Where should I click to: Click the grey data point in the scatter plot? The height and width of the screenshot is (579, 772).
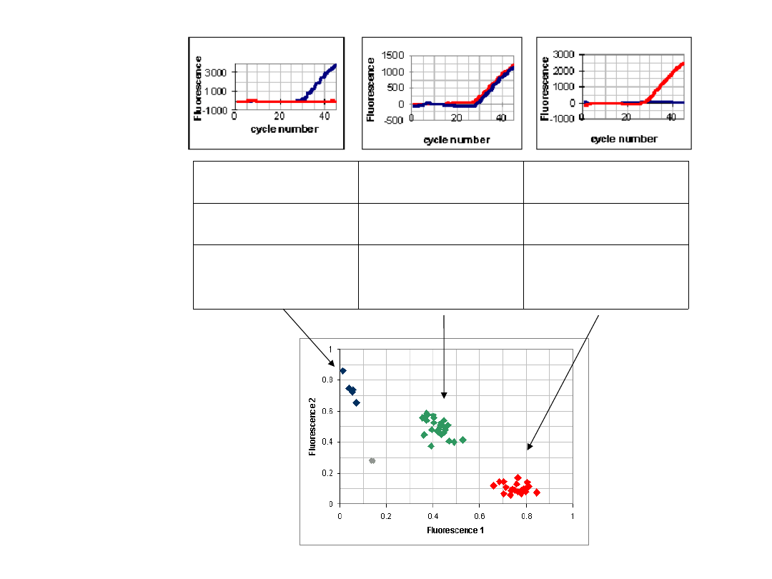pos(372,461)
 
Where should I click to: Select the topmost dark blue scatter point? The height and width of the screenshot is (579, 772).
pos(343,371)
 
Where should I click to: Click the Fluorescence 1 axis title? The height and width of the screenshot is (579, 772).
pos(455,530)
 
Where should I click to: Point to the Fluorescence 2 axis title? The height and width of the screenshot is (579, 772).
pos(312,426)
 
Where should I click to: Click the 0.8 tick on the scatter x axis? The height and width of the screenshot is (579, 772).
pos(526,515)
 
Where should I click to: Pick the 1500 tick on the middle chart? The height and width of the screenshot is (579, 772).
pos(393,55)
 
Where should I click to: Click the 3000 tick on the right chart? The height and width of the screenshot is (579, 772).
pos(566,54)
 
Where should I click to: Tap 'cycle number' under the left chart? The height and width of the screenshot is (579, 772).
pos(284,129)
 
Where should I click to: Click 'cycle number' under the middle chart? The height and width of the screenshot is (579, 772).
pos(456,139)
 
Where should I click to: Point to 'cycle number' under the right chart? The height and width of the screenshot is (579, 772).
pos(624,139)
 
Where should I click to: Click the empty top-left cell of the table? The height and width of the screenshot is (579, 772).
pos(275,182)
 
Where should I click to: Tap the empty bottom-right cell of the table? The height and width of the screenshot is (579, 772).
pos(606,277)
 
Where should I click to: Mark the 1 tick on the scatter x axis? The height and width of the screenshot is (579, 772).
pos(573,515)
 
